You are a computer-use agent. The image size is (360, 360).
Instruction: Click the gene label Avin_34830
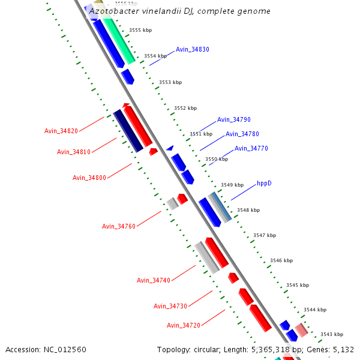point(192,50)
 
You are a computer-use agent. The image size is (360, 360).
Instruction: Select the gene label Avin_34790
point(233,120)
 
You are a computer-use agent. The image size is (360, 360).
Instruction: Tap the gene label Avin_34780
point(242,134)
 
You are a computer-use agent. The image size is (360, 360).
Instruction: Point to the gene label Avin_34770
point(251,149)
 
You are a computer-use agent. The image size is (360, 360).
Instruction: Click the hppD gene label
point(264,183)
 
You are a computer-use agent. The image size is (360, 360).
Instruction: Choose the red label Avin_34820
point(61,131)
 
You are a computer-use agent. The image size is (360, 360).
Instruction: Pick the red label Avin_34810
point(74,152)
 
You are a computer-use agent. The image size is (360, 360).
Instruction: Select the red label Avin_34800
point(89,178)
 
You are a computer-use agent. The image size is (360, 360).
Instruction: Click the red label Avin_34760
point(119,226)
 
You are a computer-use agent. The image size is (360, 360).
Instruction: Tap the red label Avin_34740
point(154,280)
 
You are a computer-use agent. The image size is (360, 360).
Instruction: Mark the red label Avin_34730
point(170,306)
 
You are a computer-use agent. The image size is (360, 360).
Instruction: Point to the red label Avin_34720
point(184,325)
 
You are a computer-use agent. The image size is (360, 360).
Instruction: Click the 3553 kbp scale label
point(169,83)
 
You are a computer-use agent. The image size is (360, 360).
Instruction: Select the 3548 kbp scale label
point(248,211)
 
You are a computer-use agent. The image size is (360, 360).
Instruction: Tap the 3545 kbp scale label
point(298,285)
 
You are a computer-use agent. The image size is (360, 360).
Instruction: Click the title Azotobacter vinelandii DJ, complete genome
point(179,11)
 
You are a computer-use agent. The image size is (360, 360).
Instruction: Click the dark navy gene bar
point(128,131)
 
